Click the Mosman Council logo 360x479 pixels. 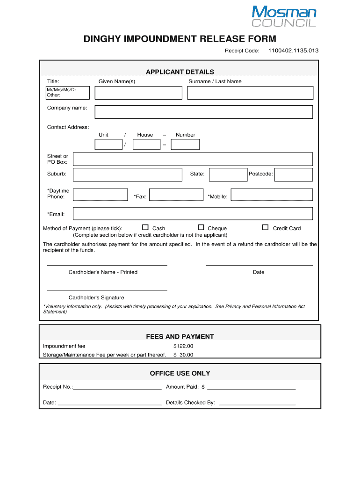tap(284, 16)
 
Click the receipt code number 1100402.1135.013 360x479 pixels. tap(293, 51)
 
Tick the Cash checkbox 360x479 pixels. tap(145, 227)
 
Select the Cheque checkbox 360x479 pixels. tap(201, 227)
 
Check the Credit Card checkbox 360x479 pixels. tap(265, 227)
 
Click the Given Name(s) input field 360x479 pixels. tap(138, 93)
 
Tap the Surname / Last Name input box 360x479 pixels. tap(250, 93)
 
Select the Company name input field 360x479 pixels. tap(203, 112)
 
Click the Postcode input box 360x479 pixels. tap(293, 174)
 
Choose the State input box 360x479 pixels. tap(228, 174)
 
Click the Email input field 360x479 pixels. tap(193, 213)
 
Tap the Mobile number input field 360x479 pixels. tap(272, 195)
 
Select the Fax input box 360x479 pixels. tap(176, 195)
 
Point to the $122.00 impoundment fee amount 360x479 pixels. tap(183, 346)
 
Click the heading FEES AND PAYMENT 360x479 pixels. tap(180, 336)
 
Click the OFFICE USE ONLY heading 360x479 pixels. tap(180, 373)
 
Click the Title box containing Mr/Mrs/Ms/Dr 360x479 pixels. tap(68, 93)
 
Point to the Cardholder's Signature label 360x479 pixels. tap(96, 298)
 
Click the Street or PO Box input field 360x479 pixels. tap(193, 159)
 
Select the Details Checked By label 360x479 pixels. tap(190, 402)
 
